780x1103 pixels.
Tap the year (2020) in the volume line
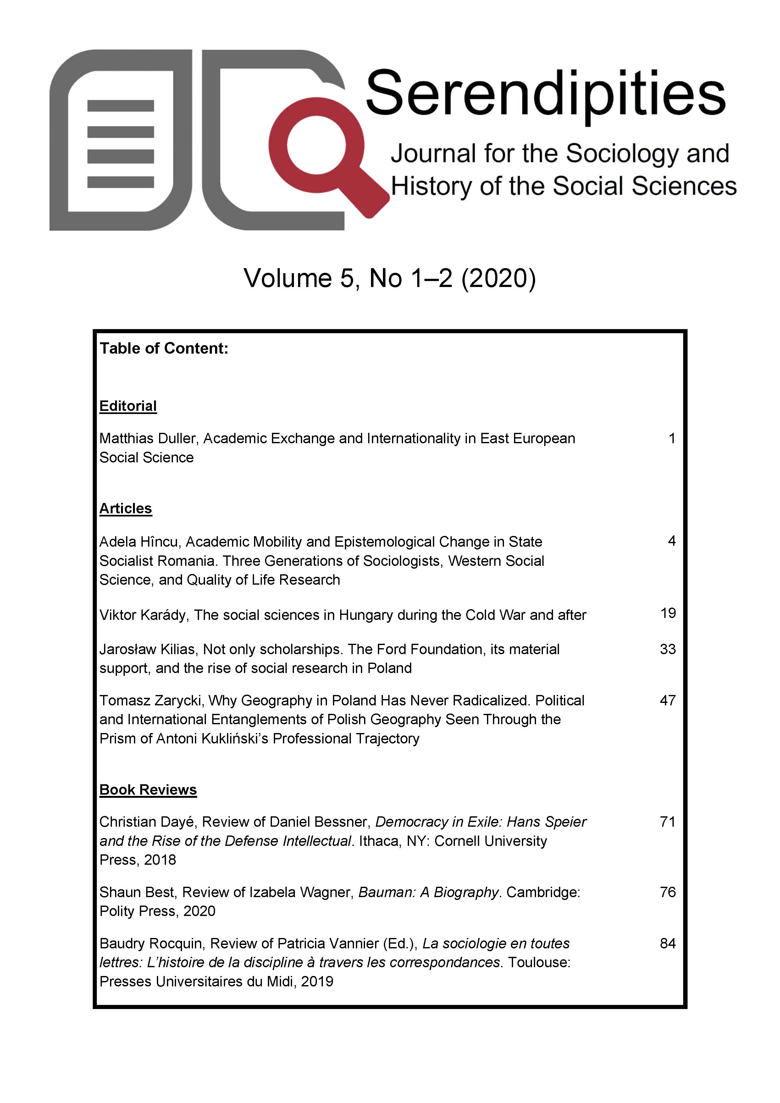[x=498, y=278]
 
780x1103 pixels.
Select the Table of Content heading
[x=163, y=348]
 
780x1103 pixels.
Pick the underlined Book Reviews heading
[x=148, y=790]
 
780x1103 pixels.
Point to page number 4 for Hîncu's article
[x=672, y=541]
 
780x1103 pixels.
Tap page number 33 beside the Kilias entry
[x=667, y=649]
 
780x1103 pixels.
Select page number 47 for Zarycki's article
[x=667, y=700]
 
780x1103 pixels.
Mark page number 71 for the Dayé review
[x=667, y=822]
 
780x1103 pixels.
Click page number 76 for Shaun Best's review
[x=667, y=892]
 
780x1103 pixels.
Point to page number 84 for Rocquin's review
[x=667, y=944]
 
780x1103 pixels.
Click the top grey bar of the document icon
[x=121, y=106]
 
